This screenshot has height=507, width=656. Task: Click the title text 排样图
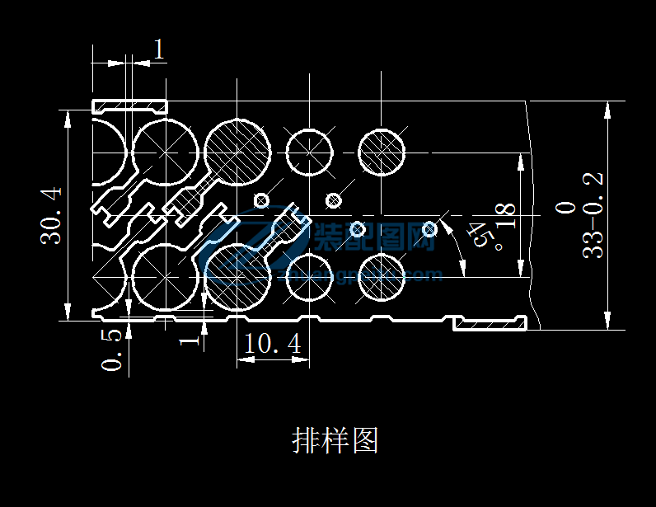coord(335,440)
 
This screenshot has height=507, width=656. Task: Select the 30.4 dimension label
coord(52,216)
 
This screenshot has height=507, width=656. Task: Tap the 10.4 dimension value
coord(273,343)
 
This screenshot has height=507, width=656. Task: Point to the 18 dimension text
coord(505,216)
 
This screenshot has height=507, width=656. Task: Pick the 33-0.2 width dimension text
coord(593,216)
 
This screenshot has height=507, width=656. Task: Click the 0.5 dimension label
coord(115,350)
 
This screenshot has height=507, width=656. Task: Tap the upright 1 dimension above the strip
coord(159,49)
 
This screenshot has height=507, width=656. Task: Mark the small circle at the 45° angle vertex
coord(429,228)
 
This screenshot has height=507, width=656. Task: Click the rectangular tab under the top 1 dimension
coord(129,106)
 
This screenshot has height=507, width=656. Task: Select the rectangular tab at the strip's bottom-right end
coord(490,323)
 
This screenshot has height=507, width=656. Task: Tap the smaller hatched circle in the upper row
coord(382,153)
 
